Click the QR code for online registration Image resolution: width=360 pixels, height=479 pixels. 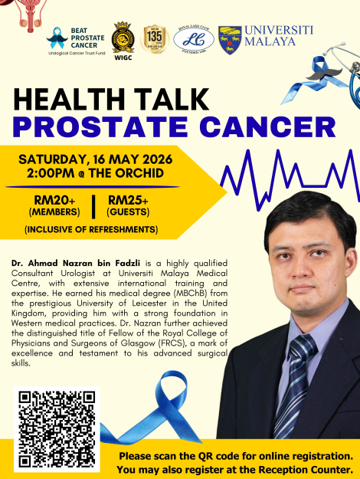point(58,429)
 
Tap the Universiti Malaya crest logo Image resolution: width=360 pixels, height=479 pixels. point(230,40)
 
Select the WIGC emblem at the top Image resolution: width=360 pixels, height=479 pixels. point(123,38)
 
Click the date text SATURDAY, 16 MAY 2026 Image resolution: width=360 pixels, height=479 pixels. point(96,159)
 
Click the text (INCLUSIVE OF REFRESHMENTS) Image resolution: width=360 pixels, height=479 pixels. point(91,229)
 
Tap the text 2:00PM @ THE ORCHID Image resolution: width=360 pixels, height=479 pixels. point(95,174)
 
